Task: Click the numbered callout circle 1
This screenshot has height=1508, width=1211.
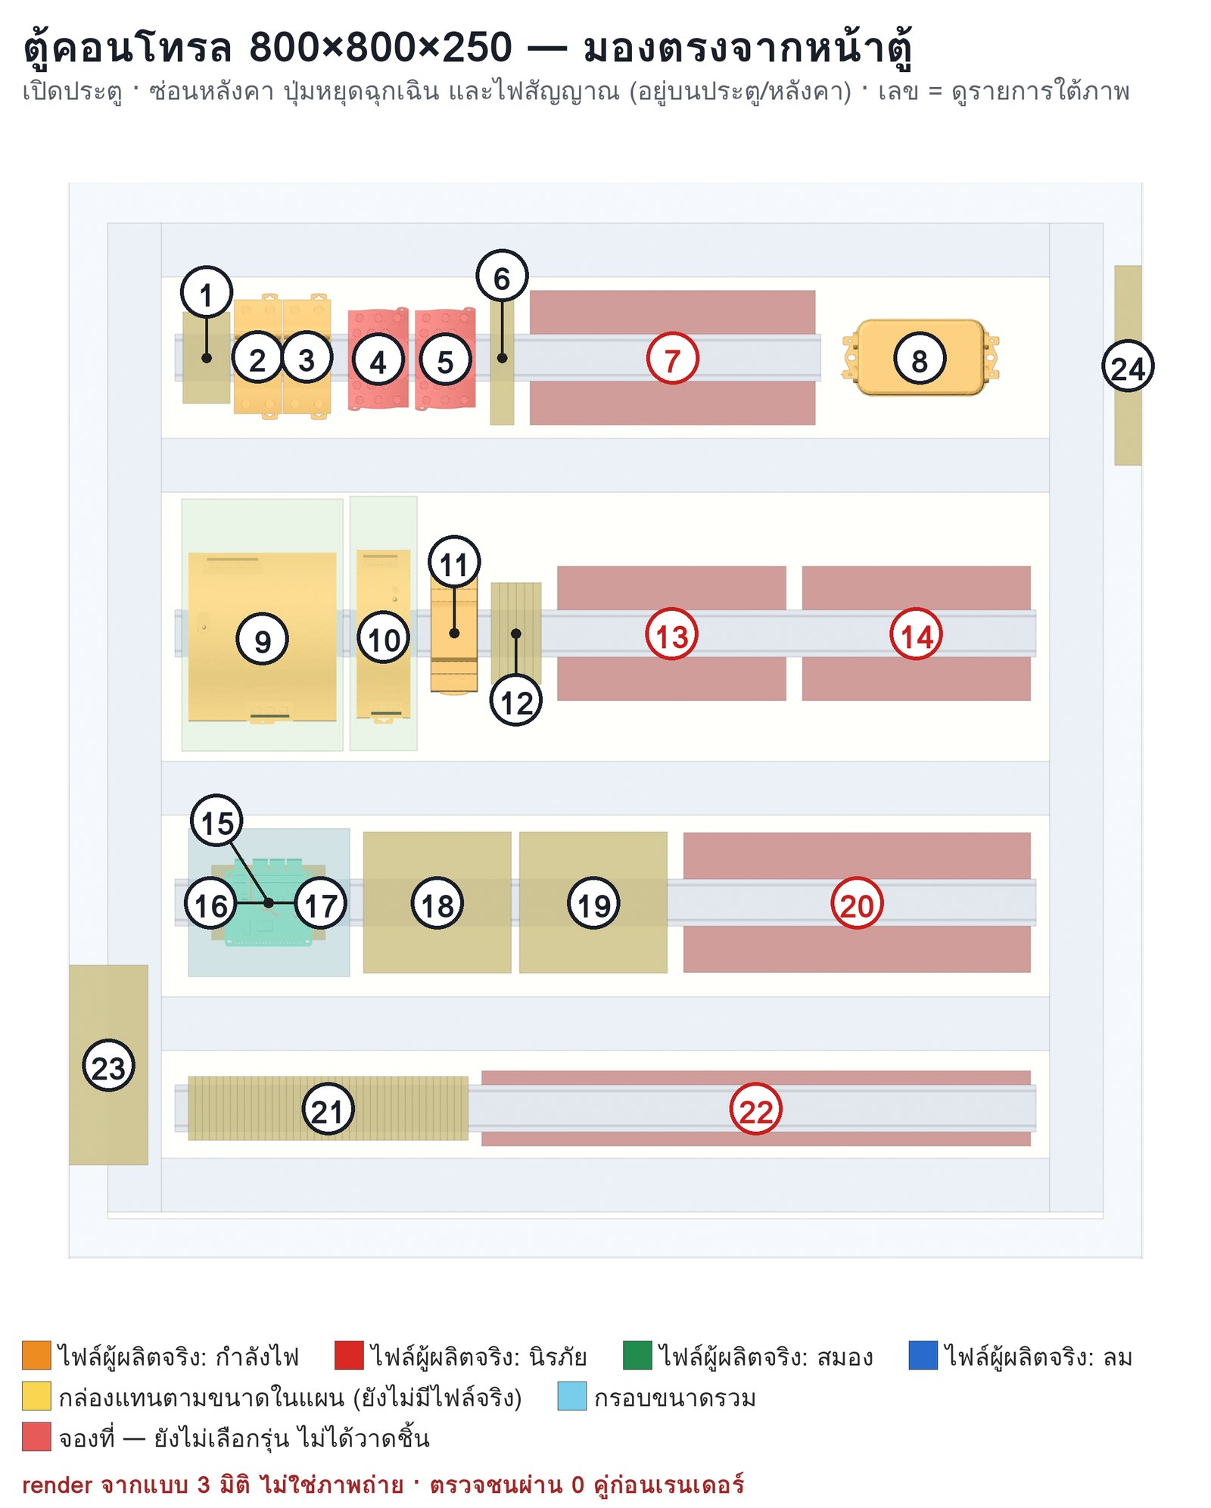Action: pos(206,292)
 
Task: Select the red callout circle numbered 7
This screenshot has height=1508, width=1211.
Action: pos(672,358)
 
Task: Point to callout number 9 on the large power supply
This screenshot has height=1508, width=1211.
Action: pos(262,639)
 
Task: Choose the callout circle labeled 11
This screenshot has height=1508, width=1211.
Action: pos(454,562)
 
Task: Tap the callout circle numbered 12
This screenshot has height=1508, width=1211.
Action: pos(516,701)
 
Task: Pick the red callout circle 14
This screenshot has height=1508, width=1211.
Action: pos(916,634)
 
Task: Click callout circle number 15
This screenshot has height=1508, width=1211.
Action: pos(217,821)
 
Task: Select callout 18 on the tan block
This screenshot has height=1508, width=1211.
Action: pos(437,903)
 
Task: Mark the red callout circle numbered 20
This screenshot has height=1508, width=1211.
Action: pos(857,903)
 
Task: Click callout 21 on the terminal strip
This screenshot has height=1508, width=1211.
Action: pos(328,1109)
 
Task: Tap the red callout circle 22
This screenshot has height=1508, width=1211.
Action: pos(755,1109)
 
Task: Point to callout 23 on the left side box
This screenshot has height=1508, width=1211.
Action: pos(108,1065)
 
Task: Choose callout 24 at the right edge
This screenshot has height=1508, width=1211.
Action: pos(1128,366)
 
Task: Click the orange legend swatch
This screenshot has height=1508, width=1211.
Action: pos(36,1356)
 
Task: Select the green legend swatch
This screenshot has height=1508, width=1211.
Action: pos(637,1356)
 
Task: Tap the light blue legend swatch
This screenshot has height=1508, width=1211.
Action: pos(572,1397)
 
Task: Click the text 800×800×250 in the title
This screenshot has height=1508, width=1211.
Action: pos(381,47)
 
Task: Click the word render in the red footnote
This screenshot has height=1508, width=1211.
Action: pos(58,1485)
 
